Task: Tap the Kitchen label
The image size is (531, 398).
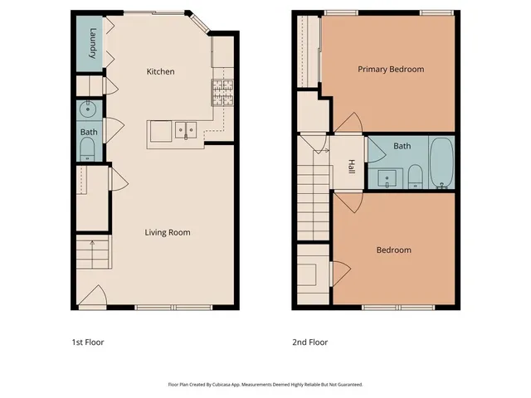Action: click(160, 72)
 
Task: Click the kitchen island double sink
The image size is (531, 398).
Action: click(184, 129)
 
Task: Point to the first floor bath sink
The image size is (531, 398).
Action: click(87, 109)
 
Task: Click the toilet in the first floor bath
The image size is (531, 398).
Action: click(87, 149)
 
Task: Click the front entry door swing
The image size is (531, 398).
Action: click(92, 296)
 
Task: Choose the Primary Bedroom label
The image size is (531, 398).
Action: click(390, 70)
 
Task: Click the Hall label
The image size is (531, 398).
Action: click(351, 166)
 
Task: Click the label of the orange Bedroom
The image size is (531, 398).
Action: click(393, 250)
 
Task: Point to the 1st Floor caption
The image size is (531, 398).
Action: click(87, 342)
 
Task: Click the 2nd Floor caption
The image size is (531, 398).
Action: click(309, 342)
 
